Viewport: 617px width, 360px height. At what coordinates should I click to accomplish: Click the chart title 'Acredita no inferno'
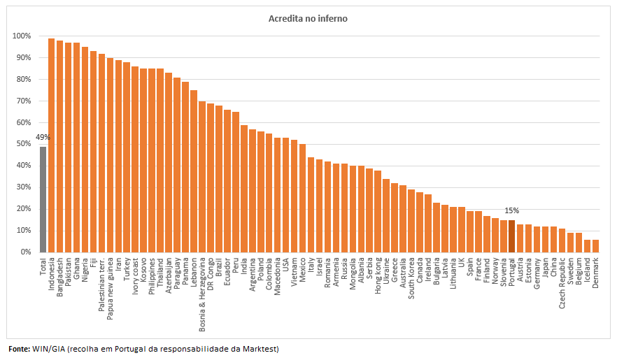coord(308,19)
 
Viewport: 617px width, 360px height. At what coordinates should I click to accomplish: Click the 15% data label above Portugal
coord(511,210)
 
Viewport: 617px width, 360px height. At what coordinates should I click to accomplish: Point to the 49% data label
coord(43,137)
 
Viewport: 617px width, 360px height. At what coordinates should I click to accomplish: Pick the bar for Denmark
coord(595,245)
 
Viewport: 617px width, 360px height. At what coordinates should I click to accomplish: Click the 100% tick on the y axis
coord(22,36)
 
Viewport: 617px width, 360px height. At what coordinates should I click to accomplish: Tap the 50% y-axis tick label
coord(23,144)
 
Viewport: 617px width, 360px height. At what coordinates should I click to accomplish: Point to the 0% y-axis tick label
coord(25,252)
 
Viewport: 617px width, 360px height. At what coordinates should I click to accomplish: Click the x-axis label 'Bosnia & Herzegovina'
coord(202,293)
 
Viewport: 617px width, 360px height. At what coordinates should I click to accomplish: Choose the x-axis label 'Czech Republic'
coord(562,282)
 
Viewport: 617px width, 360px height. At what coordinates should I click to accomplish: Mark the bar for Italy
coord(311,204)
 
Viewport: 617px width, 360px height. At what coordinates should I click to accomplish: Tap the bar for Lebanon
coord(194,171)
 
